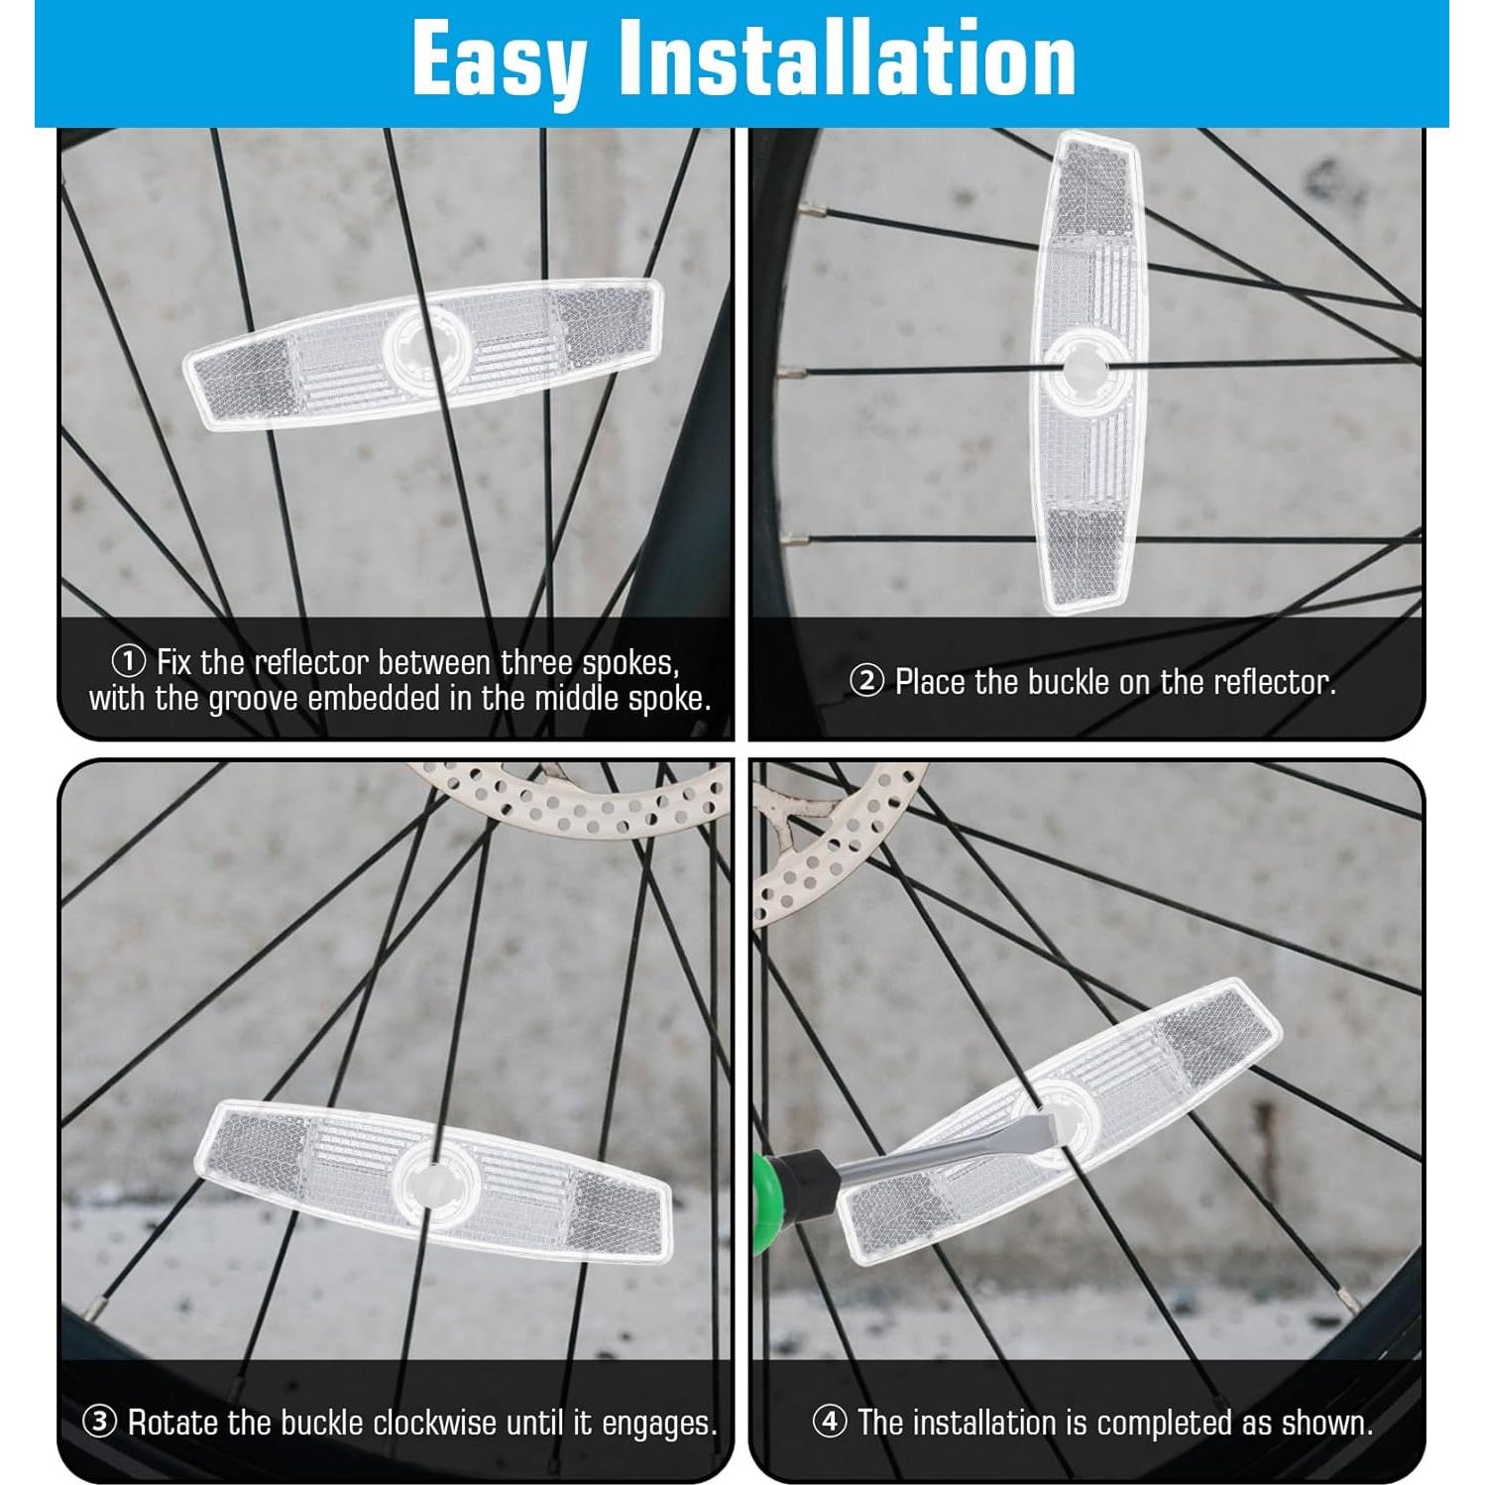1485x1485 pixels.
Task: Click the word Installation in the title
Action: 847,61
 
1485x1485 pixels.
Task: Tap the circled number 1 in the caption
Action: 128,661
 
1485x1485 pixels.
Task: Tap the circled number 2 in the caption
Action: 866,681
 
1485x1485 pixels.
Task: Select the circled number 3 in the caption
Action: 99,1422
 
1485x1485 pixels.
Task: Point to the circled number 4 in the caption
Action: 830,1422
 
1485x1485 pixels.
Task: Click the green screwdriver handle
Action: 768,1199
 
